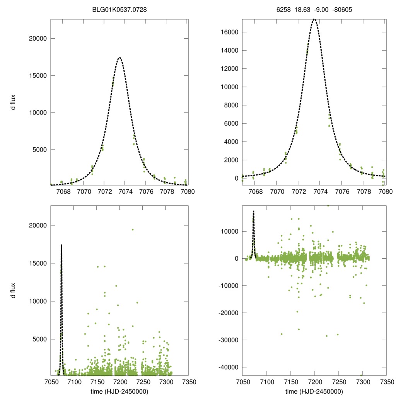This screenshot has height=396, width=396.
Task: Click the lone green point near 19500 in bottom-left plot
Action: coord(133,230)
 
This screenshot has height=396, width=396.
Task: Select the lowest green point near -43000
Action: coord(362,375)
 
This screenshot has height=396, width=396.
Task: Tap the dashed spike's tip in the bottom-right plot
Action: coord(253,211)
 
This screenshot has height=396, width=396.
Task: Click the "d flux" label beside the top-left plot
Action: coord(13,102)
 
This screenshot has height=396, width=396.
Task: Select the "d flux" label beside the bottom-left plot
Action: coord(13,291)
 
